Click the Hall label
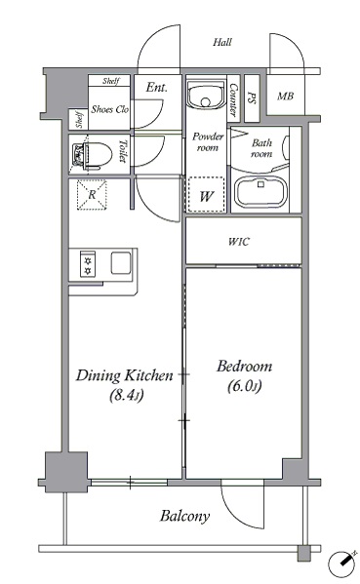tap(222, 42)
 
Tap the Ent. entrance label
tap(156, 88)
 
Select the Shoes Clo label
tap(110, 109)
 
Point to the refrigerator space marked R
tap(92, 195)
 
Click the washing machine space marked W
tap(207, 195)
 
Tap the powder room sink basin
tap(206, 95)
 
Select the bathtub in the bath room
tap(260, 192)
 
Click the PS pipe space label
tap(251, 97)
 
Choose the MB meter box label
tap(285, 97)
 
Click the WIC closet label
tap(238, 242)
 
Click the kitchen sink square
tap(121, 263)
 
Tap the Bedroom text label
tap(245, 367)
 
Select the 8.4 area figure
tap(127, 395)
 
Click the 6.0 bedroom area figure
tap(244, 386)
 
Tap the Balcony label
tap(184, 516)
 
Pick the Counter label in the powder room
tap(234, 99)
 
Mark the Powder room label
tap(208, 142)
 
